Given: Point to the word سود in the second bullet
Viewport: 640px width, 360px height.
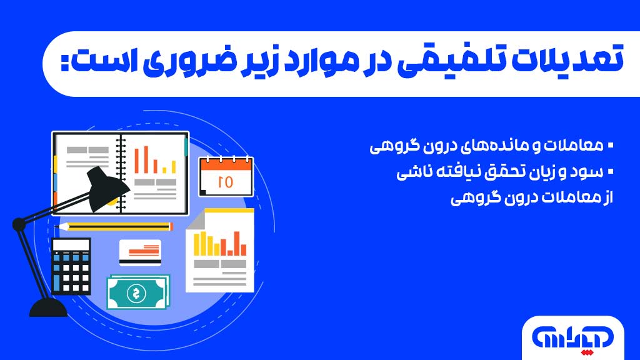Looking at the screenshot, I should coord(591,172).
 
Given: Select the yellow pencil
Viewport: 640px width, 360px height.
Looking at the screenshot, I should coord(115,226).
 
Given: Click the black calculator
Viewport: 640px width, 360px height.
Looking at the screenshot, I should coord(71,266).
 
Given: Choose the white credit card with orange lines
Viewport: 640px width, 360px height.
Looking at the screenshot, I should coord(140,252).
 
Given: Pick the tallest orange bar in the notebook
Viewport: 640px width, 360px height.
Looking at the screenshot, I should coord(146,159).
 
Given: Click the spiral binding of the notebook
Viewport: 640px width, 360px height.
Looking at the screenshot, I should coord(121,170).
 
